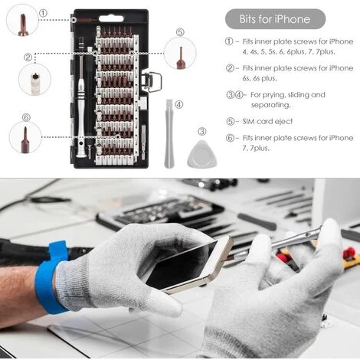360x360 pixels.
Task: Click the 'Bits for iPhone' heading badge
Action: coord(275,19)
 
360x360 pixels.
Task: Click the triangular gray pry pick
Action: coord(201,154)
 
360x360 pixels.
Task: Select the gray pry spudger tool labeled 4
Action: coord(169,134)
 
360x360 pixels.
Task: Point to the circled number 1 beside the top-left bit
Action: coord(44,13)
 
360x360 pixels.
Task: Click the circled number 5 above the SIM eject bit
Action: coord(180,32)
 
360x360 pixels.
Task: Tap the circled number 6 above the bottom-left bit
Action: coord(26,117)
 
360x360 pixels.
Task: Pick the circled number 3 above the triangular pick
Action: coord(202,132)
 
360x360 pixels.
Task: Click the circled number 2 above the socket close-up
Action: coord(28,57)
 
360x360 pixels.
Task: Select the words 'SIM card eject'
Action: coord(267,121)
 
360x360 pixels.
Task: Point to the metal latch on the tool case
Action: coord(152,82)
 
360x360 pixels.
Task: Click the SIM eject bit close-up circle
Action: coord(180,53)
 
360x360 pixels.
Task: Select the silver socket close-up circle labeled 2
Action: coord(34,80)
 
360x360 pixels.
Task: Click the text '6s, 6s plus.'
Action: coord(260,78)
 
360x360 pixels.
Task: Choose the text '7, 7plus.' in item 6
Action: coord(256,148)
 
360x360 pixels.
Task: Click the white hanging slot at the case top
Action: coord(111,18)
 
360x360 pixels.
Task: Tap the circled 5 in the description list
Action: coord(230,122)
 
